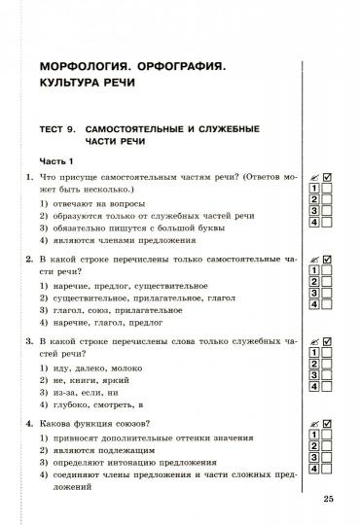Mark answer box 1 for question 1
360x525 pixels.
pyautogui.click(x=315, y=188)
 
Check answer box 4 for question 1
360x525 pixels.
pyautogui.click(x=315, y=222)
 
